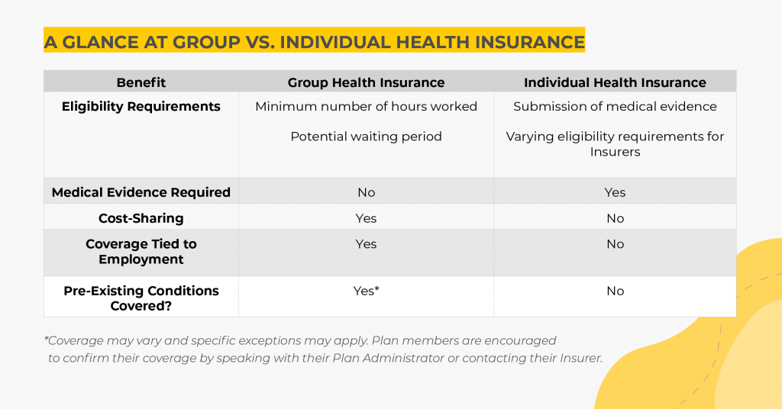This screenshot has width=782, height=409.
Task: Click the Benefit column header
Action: coord(141,82)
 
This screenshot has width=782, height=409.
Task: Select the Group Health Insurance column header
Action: coord(366,82)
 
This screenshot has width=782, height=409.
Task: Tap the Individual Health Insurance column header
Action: coord(615,82)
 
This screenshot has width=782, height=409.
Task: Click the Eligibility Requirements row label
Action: coord(141,107)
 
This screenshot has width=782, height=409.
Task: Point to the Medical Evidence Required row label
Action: coord(141,192)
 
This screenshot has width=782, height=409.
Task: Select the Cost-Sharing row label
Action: coord(141,218)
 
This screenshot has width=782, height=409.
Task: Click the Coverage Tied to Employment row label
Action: coord(141,252)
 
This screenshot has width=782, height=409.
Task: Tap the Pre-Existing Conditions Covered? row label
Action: coord(141,298)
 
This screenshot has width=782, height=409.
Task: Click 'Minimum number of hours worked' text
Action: coord(366,107)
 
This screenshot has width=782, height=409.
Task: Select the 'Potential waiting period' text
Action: coord(366,137)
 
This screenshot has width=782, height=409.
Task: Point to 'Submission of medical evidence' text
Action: coord(615,107)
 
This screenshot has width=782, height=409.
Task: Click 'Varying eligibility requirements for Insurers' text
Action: coord(615,144)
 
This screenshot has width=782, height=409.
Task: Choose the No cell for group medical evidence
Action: coord(366,192)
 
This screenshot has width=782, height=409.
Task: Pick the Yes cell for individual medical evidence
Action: coord(615,192)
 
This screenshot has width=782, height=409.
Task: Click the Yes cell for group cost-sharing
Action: coord(366,218)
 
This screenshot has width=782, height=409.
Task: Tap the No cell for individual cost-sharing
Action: coord(615,218)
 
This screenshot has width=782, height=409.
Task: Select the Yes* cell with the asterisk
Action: coord(366,291)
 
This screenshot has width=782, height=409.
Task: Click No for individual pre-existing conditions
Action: coord(615,291)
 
